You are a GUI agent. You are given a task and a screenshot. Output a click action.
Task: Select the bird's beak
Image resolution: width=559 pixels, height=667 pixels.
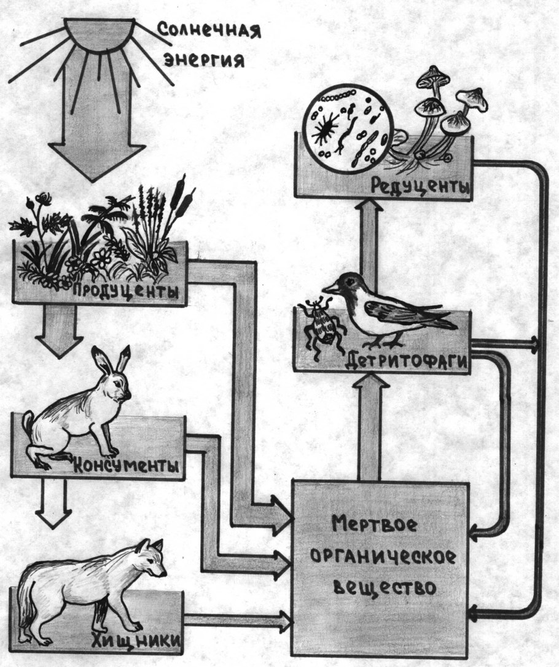click(x=330, y=286)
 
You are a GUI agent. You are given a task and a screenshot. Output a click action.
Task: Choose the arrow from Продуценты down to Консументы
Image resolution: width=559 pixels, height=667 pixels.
click(x=58, y=332)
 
